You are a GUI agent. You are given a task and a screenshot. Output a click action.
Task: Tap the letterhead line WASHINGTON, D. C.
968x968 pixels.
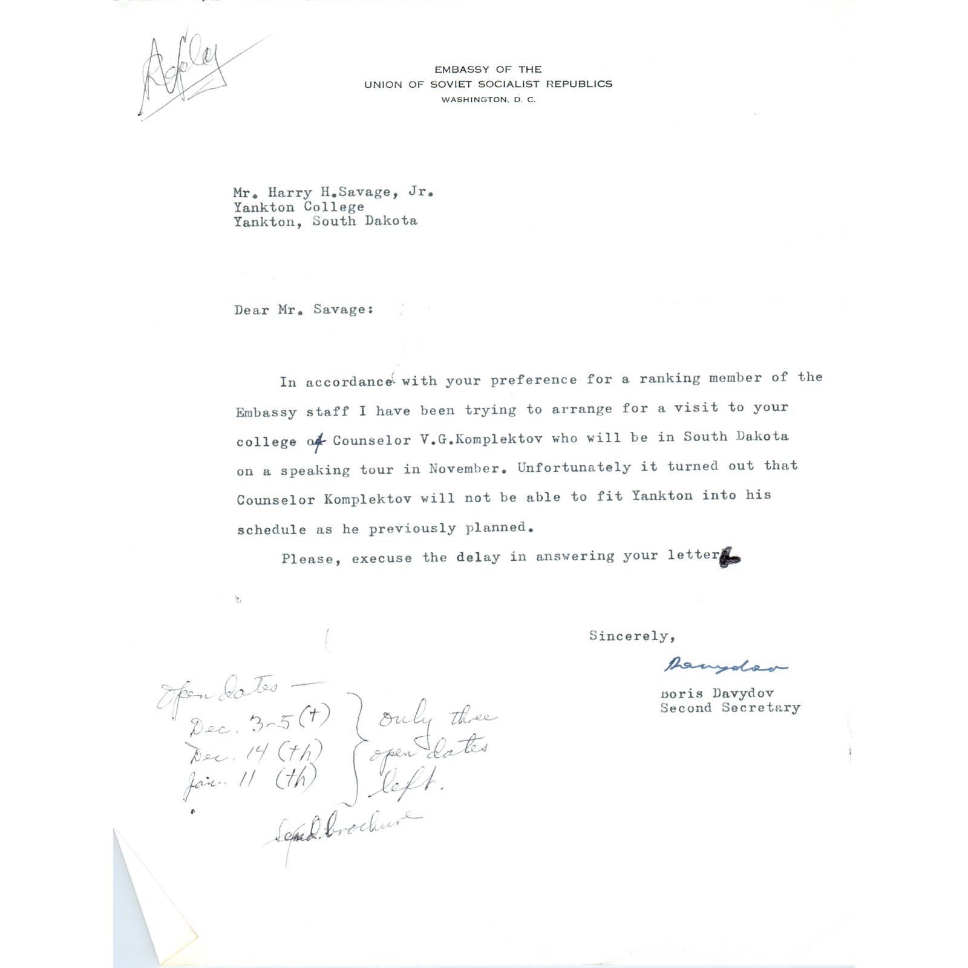coord(488,100)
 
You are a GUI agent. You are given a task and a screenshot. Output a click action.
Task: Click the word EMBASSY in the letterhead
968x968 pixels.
coord(462,70)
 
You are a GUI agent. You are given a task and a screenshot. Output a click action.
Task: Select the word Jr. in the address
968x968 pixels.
coord(421,192)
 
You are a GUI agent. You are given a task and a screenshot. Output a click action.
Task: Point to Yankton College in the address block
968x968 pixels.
coord(299,207)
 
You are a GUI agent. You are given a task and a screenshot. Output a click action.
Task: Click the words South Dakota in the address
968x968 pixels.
coord(365,221)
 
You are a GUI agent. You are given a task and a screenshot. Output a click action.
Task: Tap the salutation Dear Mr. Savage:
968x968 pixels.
coord(304,310)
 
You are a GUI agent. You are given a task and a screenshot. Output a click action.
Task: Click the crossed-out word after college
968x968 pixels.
coord(316,442)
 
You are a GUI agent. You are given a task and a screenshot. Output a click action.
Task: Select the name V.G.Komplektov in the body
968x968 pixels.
coord(481,439)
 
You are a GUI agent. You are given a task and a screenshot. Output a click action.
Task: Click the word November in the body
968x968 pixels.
coord(465,469)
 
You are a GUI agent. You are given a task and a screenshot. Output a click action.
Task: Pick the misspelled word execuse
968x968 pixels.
coord(382,558)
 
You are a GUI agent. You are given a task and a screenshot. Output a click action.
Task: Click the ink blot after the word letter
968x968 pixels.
coord(730,557)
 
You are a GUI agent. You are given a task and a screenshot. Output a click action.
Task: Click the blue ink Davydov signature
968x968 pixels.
coord(725,665)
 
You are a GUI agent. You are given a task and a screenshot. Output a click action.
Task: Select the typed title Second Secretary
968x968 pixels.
coord(730,708)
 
